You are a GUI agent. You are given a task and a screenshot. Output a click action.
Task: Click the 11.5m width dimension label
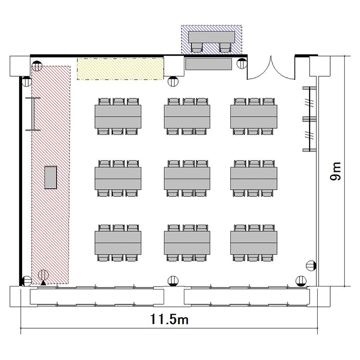click(169, 319)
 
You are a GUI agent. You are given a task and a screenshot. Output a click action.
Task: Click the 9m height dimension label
click(336, 171)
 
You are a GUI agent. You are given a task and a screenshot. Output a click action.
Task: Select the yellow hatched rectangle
click(120, 69)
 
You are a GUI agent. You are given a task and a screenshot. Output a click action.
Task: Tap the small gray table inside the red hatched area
click(50, 177)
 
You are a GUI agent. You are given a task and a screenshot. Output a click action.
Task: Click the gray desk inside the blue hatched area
click(212, 37)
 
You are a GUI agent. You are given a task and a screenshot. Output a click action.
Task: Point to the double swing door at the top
click(271, 69)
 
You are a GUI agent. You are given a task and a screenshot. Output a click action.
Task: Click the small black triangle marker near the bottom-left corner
click(43, 283)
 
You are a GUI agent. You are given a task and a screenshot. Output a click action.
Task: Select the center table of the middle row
click(187, 179)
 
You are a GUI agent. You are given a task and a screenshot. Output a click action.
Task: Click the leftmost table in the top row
click(118, 117)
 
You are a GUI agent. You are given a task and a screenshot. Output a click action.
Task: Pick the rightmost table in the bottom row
click(254, 243)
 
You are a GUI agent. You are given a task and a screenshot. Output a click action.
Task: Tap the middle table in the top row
click(187, 117)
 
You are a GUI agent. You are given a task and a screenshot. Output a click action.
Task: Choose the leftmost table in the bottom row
click(118, 243)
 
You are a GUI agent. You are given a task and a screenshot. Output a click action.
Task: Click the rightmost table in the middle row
click(254, 179)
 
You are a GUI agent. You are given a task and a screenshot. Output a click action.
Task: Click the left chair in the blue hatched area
click(197, 48)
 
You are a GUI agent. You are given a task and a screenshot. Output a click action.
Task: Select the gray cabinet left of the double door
click(208, 64)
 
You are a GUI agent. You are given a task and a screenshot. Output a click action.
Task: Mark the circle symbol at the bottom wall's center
click(173, 281)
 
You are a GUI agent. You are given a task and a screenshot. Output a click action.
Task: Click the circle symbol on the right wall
click(311, 266)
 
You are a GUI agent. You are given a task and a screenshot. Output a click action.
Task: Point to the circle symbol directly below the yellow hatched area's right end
click(173, 81)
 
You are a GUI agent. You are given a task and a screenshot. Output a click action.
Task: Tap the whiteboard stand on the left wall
click(33, 114)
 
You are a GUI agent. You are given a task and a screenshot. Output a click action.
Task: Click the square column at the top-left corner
click(20, 66)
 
